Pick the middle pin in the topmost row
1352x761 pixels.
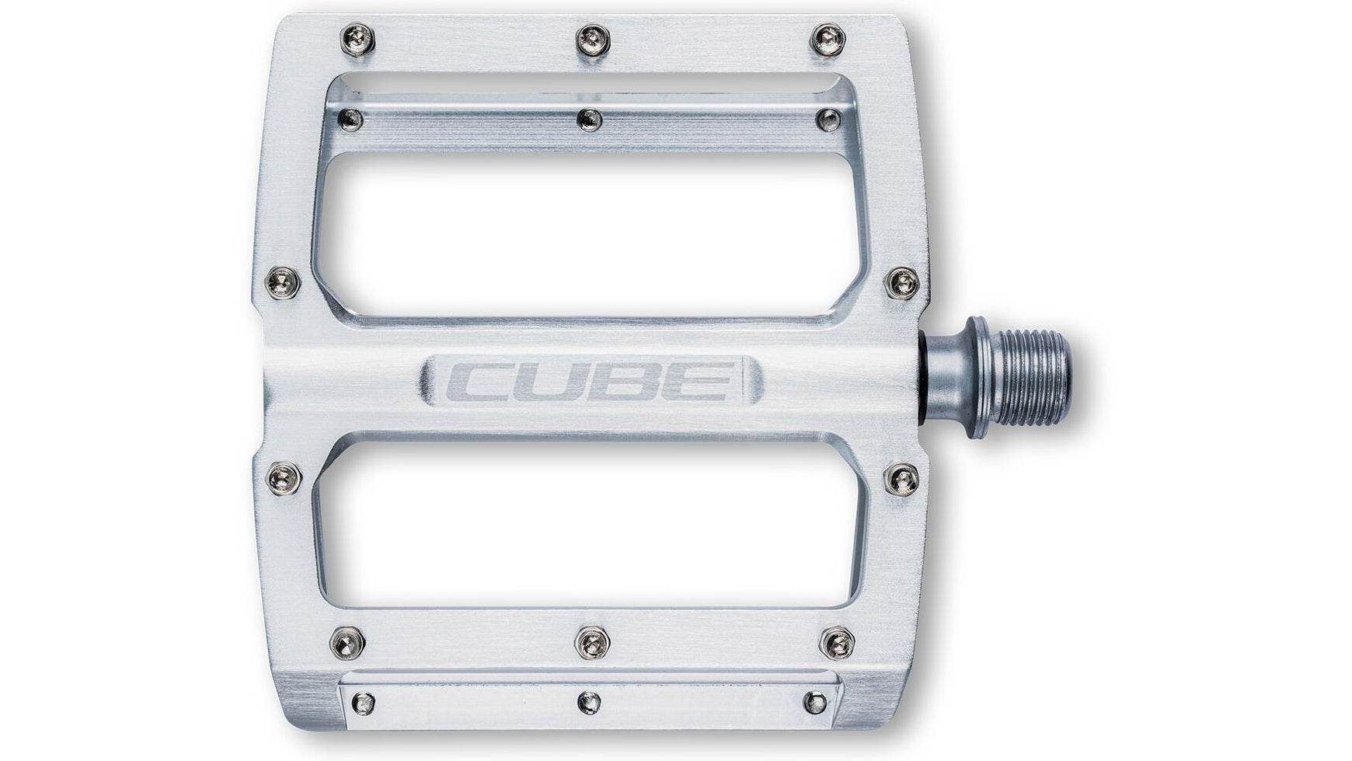tap(591, 38)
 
